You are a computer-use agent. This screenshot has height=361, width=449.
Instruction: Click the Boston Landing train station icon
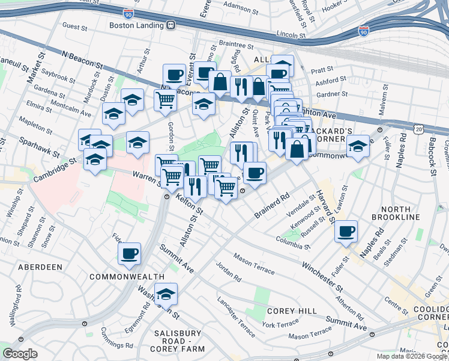[x=171, y=25]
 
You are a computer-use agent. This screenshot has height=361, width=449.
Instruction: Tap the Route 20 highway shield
[x=419, y=129]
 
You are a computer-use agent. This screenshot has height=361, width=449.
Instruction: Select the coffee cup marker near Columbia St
[x=346, y=232]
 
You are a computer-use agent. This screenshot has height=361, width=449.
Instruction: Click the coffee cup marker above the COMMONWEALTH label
[x=129, y=253]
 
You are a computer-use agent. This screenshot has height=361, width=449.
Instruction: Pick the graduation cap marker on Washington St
[x=166, y=294]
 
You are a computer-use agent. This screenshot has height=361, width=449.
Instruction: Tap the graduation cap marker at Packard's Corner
[x=358, y=146]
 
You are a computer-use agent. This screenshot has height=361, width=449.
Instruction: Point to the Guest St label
[x=75, y=27]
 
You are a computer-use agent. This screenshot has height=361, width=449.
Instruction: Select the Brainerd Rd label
[x=271, y=205]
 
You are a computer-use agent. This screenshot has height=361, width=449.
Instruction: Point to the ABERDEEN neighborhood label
[x=40, y=267]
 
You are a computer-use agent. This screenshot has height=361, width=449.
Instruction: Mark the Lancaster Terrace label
[x=236, y=311]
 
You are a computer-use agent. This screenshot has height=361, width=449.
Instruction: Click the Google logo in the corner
[x=20, y=354]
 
